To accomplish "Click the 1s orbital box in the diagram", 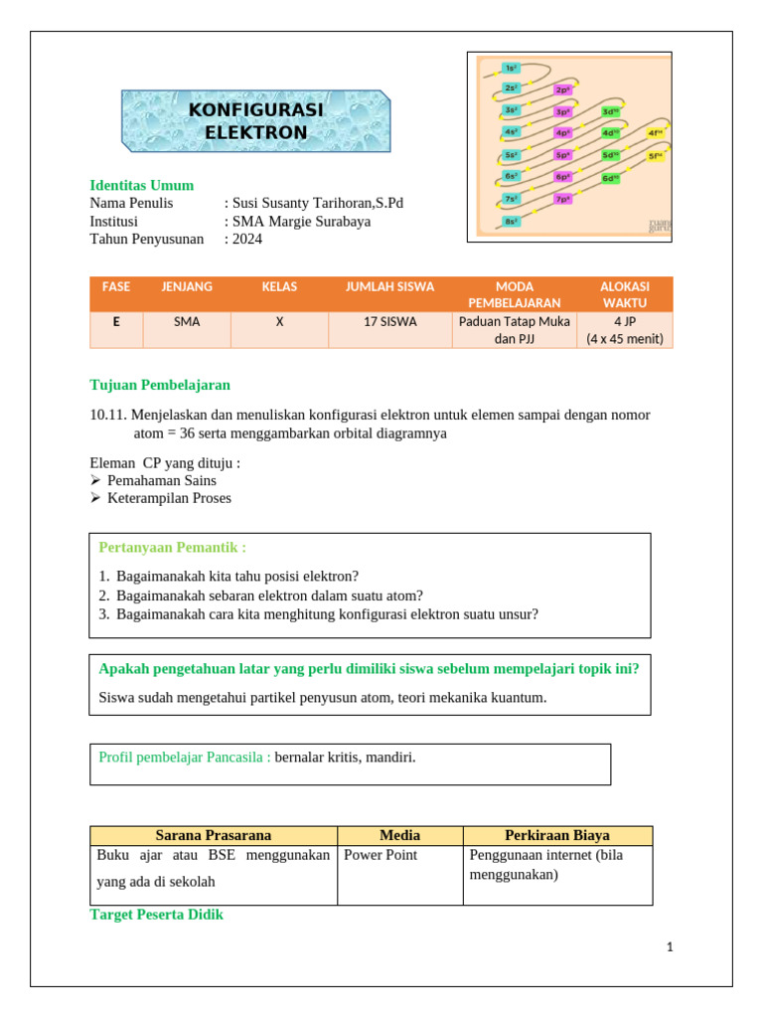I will click(511, 68).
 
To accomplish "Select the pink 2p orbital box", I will click(562, 89).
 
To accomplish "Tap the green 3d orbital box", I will click(610, 111).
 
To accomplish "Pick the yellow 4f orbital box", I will click(656, 132).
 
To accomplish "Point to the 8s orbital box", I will click(511, 221).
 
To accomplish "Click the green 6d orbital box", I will click(610, 178).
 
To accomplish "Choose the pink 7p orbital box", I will click(562, 199).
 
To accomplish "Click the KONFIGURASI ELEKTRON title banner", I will click(256, 120).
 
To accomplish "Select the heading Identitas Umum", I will click(141, 186).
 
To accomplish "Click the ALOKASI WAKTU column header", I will click(625, 294).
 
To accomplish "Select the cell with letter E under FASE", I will click(116, 322).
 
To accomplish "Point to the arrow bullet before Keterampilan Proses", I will click(96, 498).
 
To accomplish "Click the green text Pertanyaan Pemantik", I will click(172, 547).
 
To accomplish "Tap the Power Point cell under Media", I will click(381, 855).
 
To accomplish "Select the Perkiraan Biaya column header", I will click(557, 835).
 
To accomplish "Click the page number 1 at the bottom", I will click(670, 947).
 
